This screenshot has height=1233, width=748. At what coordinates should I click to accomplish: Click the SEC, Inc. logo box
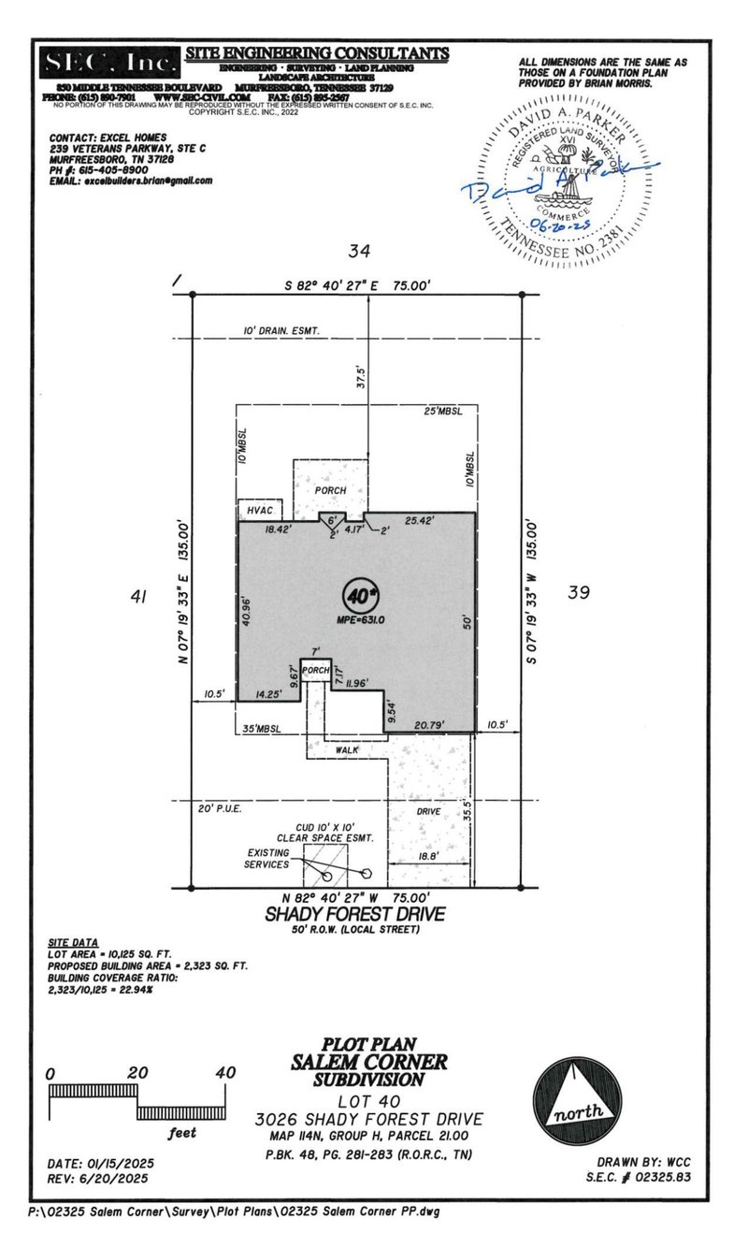tap(109, 64)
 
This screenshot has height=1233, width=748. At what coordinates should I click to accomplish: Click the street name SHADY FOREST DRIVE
tap(356, 914)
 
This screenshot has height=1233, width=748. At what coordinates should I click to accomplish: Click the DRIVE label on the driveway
tap(427, 811)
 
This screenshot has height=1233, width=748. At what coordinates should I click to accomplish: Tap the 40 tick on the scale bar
tap(224, 1073)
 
